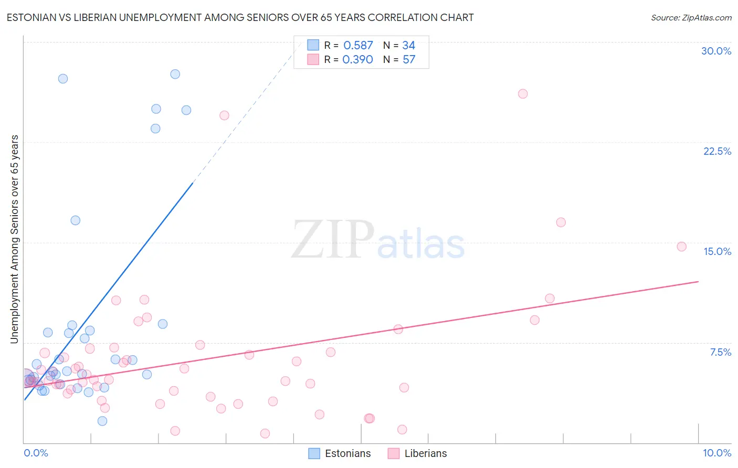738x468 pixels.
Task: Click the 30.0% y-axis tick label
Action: [x=716, y=51]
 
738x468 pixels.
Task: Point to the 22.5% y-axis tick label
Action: [x=717, y=151]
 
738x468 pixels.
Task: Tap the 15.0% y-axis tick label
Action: [x=717, y=251]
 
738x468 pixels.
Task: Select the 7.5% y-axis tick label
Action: [x=720, y=352]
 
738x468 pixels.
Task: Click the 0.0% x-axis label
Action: [x=36, y=453]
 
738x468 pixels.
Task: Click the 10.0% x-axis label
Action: [x=716, y=453]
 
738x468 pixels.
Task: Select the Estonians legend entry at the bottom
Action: [x=340, y=453]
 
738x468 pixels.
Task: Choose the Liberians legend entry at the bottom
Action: [x=418, y=453]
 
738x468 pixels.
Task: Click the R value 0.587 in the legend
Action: [x=358, y=46]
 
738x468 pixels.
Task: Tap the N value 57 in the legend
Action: [x=409, y=60]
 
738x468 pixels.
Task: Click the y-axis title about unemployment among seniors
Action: [x=14, y=239]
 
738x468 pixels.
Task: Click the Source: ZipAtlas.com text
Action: [x=691, y=18]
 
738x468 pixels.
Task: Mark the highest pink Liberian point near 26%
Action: [x=523, y=94]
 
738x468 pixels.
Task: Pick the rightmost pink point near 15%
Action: [x=681, y=247]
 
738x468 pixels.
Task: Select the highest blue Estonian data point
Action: [x=175, y=74]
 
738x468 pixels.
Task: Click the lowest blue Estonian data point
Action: [x=102, y=421]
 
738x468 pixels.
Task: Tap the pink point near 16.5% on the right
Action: [x=561, y=222]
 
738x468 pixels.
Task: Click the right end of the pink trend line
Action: [x=698, y=282]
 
